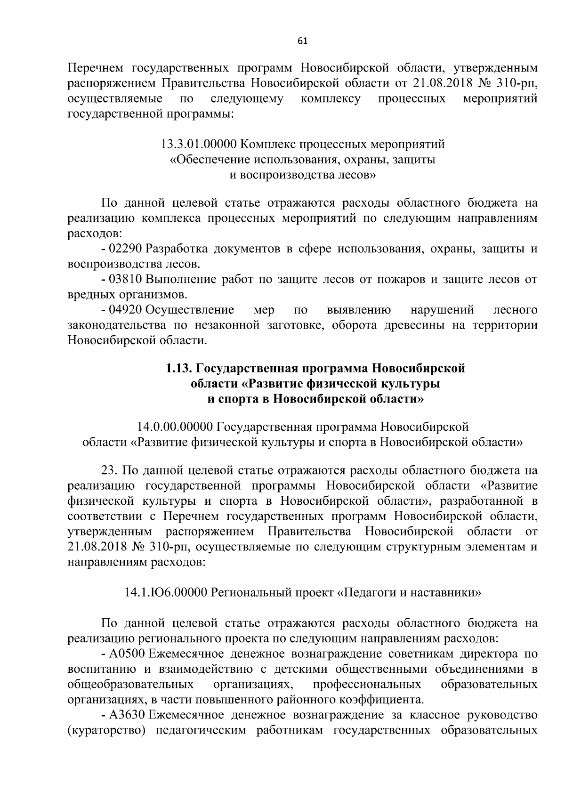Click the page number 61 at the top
click(x=302, y=41)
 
